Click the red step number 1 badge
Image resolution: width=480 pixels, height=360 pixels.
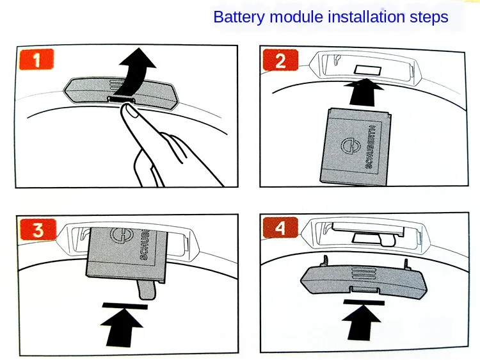tap(35, 60)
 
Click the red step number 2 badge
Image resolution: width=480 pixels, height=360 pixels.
tap(280, 61)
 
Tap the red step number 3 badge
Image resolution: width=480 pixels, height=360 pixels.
tap(36, 230)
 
